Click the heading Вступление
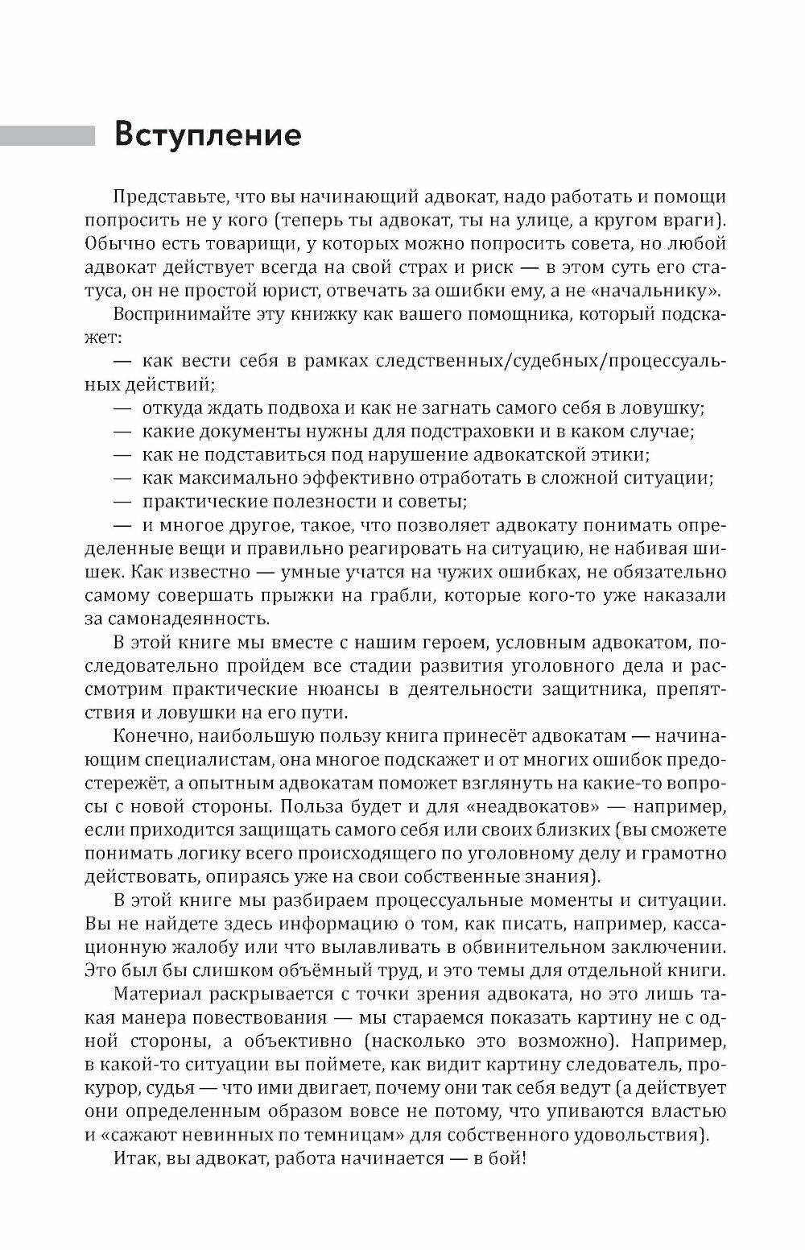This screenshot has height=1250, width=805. click(x=208, y=135)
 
